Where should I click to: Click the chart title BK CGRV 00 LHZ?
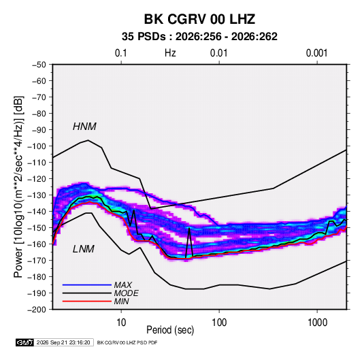(x=199, y=19)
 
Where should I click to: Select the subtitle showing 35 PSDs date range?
(x=199, y=37)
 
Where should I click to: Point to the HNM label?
(x=84, y=127)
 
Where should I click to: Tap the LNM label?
(x=84, y=249)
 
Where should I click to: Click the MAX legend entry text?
(x=123, y=285)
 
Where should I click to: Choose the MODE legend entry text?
(x=127, y=293)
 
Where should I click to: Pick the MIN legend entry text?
(x=121, y=301)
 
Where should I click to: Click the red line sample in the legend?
(x=87, y=301)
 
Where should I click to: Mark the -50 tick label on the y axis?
(x=39, y=65)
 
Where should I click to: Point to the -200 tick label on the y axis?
(x=37, y=310)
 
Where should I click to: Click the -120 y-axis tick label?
(x=37, y=179)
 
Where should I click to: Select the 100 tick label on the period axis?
(x=219, y=323)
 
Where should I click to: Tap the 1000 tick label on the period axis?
(x=317, y=323)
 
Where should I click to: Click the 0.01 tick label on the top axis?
(x=218, y=53)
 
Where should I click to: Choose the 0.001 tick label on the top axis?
(x=316, y=53)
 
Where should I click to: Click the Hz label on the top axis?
(x=170, y=53)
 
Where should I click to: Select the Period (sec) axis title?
(x=170, y=330)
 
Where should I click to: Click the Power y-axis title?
(x=18, y=186)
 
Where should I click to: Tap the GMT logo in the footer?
(x=25, y=342)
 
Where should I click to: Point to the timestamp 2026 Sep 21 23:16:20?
(x=63, y=342)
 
